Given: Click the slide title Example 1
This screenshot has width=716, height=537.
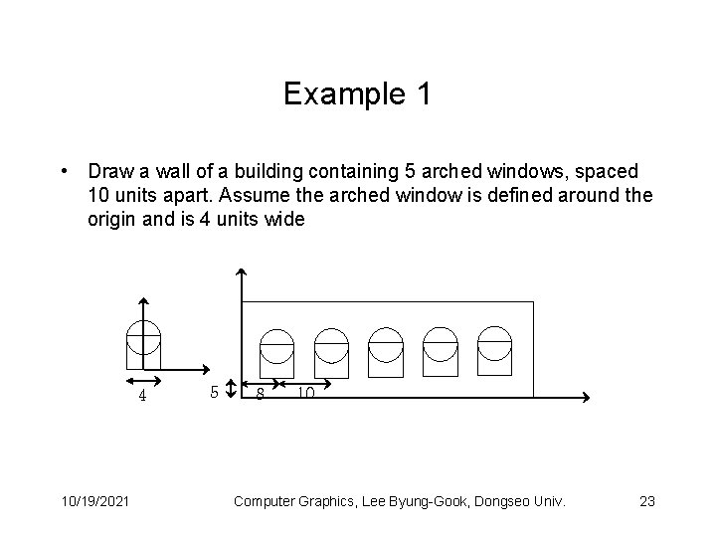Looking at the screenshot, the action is (357, 94).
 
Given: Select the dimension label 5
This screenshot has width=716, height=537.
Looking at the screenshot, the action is (214, 391).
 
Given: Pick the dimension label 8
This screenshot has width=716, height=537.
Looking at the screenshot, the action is (260, 394).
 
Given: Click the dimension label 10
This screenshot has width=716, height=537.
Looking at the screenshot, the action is (305, 394).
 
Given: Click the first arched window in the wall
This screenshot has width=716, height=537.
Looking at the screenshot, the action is (276, 352).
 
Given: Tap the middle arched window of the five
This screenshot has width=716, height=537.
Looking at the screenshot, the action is (386, 352).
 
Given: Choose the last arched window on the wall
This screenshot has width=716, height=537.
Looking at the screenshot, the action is (494, 352).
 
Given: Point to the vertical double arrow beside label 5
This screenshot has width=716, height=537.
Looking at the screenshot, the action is (231, 387).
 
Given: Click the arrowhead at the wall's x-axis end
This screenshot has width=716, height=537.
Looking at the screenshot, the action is (587, 397).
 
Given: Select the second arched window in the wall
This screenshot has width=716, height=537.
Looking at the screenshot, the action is (331, 352).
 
